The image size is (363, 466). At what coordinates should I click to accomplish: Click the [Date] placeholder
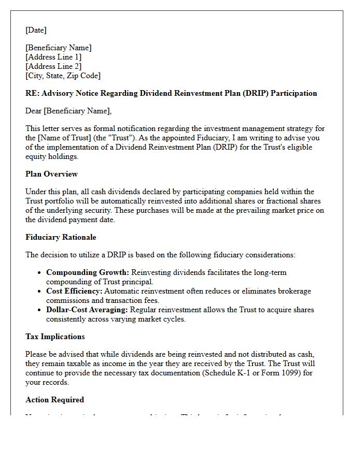pos(36,30)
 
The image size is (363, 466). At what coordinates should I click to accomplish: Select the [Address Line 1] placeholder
pos(53,57)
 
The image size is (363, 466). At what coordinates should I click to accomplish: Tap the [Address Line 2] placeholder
pos(53,66)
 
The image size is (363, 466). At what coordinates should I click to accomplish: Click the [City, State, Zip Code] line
pos(63,76)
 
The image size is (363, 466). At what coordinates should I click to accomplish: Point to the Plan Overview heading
pos(51,174)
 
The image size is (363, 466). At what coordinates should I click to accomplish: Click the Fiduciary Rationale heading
pos(61,237)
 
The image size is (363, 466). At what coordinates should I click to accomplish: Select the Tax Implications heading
pos(55,337)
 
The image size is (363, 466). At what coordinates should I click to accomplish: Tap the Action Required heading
pos(54,400)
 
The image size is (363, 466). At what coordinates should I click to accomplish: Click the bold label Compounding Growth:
pos(88,272)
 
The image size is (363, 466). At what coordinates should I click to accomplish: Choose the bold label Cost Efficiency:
pos(74,291)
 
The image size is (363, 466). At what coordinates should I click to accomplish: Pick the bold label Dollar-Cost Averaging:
pos(87,310)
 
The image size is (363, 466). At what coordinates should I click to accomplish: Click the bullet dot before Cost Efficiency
pos(40,292)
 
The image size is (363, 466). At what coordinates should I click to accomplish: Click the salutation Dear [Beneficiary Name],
pos(68,111)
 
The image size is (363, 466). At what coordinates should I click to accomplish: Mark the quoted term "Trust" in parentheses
pos(122,138)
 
